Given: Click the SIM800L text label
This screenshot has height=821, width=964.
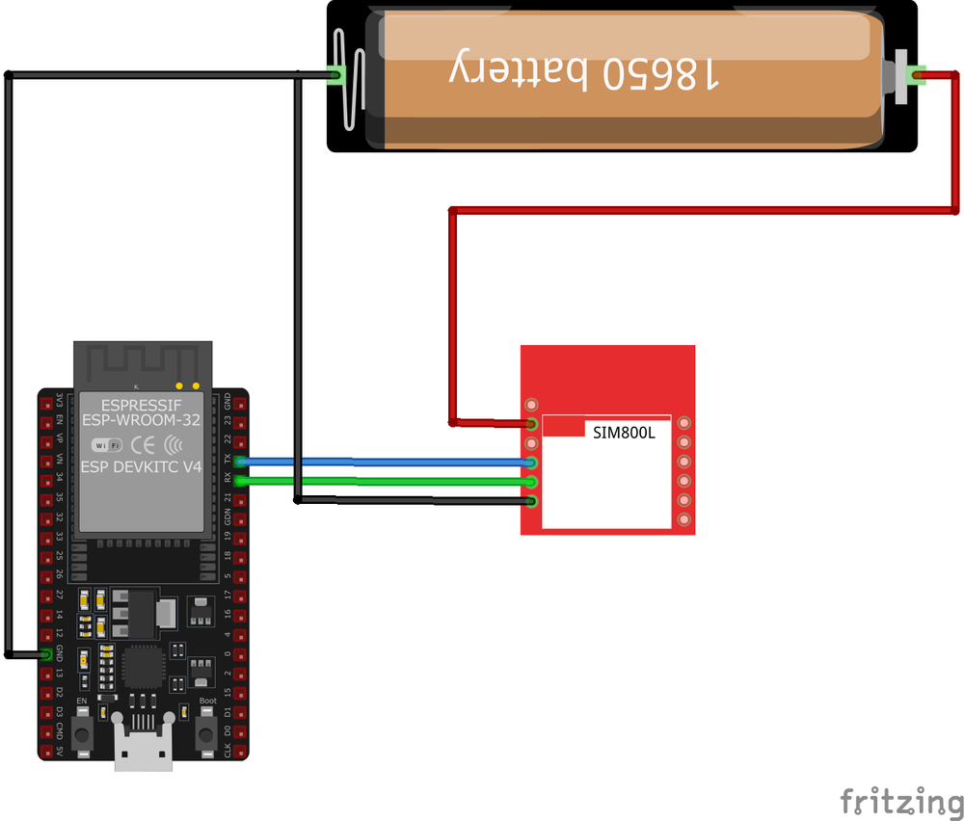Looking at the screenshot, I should pyautogui.click(x=624, y=433).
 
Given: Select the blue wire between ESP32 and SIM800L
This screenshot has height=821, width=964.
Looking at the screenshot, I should pyautogui.click(x=386, y=462).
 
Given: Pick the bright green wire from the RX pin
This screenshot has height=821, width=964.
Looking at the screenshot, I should pyautogui.click(x=386, y=480).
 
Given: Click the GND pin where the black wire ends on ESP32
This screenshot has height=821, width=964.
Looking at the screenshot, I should pyautogui.click(x=46, y=654).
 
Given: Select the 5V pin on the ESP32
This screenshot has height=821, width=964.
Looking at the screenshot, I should pyautogui.click(x=46, y=750).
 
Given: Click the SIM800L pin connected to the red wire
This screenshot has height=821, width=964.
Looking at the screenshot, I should pyautogui.click(x=531, y=423).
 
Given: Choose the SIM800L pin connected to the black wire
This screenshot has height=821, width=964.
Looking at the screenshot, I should pyautogui.click(x=531, y=500).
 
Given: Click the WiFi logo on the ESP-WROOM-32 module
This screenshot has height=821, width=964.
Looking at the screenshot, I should pyautogui.click(x=106, y=444).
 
